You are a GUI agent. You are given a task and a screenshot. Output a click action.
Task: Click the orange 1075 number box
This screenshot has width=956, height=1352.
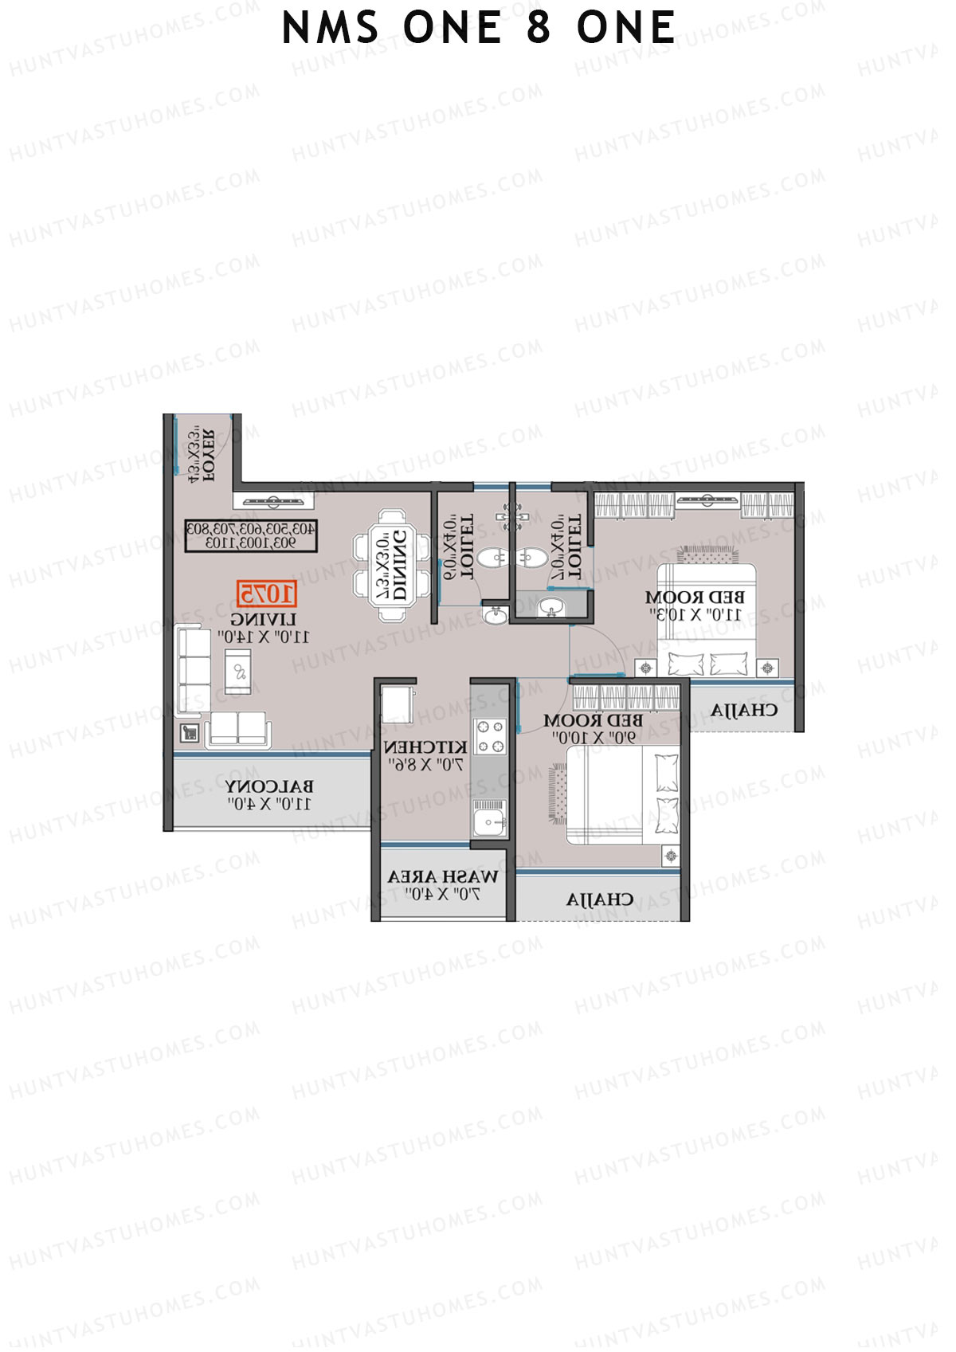[x=267, y=594]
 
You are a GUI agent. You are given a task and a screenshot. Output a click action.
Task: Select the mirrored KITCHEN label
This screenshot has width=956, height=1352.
[x=425, y=748]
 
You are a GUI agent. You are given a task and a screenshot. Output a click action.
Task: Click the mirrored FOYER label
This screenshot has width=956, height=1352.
[x=206, y=456]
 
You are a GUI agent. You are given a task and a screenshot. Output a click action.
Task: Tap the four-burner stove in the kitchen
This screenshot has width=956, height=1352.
[x=490, y=736]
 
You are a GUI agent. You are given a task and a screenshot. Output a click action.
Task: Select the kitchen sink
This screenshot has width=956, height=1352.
[x=488, y=819]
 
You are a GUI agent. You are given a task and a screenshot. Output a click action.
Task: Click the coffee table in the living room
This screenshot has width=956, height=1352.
[x=237, y=671]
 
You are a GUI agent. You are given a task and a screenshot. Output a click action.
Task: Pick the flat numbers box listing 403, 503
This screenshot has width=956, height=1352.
[x=252, y=535]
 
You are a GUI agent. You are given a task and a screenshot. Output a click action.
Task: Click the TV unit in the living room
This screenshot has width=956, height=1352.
[x=273, y=501]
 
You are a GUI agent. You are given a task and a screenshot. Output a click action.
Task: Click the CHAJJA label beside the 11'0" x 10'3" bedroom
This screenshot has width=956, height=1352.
[x=744, y=710]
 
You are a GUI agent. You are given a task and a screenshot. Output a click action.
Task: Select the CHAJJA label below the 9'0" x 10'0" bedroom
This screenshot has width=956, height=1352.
[x=600, y=900]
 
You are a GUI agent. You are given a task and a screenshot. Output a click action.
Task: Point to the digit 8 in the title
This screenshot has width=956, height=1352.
[x=539, y=29]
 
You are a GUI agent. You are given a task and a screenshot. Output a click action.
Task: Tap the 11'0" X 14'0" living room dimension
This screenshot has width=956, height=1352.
[x=264, y=637]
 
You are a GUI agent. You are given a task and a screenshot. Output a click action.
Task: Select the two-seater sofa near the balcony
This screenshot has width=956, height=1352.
[x=238, y=728]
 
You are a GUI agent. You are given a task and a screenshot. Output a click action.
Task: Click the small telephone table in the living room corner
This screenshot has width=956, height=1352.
[x=190, y=731]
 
